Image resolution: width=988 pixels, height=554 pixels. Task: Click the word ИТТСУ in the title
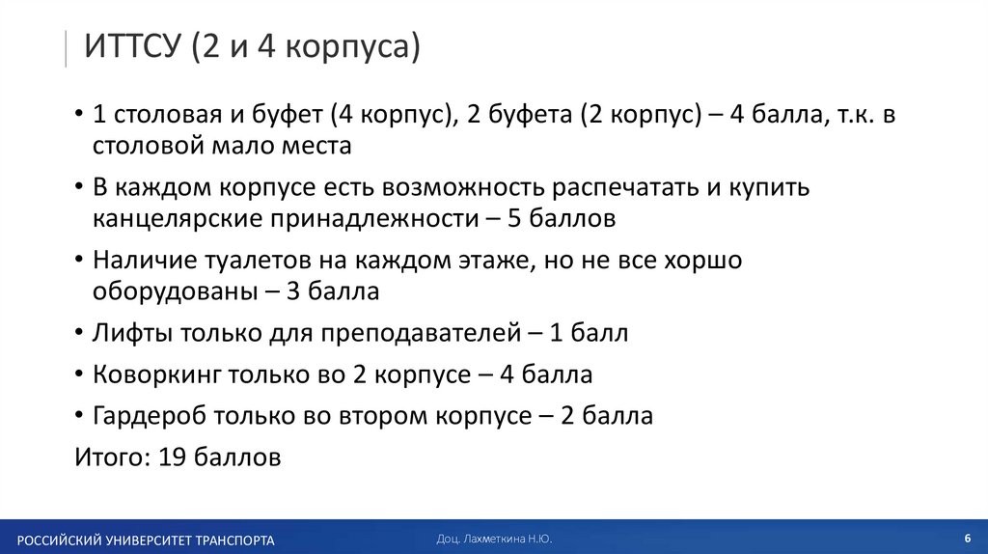pos(132,46)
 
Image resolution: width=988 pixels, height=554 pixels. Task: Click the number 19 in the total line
pos(170,457)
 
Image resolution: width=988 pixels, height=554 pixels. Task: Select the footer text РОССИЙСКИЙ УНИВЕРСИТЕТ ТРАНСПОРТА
pos(145,540)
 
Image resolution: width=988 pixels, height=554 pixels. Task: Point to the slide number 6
pos(966,537)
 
